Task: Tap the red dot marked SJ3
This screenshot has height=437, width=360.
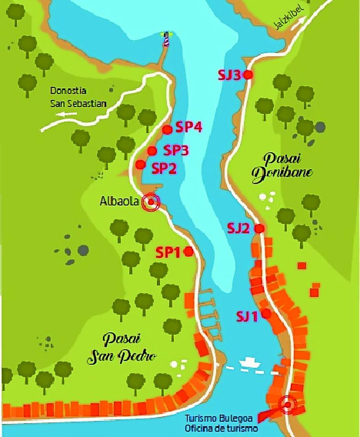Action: click(x=248, y=75)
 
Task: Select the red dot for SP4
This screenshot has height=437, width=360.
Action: click(x=167, y=130)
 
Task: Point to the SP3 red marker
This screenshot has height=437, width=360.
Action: click(x=152, y=150)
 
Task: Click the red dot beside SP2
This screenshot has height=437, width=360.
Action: click(x=141, y=164)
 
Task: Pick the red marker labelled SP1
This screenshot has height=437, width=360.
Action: click(x=188, y=251)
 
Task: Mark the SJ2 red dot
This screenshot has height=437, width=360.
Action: click(x=259, y=228)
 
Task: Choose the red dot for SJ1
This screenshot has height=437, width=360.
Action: click(x=266, y=314)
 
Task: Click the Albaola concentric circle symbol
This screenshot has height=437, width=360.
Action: click(x=151, y=202)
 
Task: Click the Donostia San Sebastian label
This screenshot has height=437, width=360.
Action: click(x=79, y=97)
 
